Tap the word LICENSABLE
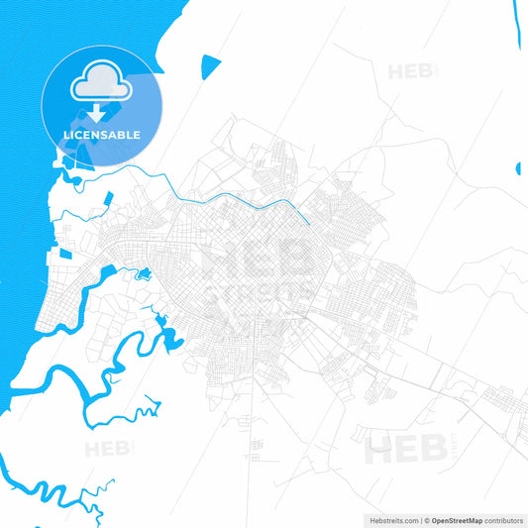100,134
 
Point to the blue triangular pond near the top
210,66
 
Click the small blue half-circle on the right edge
518,168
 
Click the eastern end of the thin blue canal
308,222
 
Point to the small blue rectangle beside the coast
65,254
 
